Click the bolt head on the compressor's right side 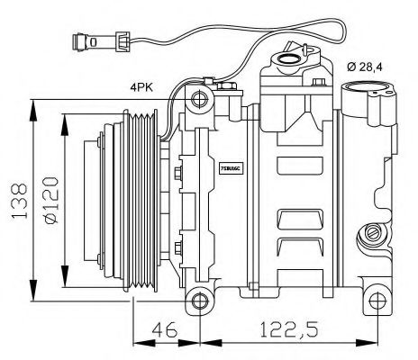click(369, 235)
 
